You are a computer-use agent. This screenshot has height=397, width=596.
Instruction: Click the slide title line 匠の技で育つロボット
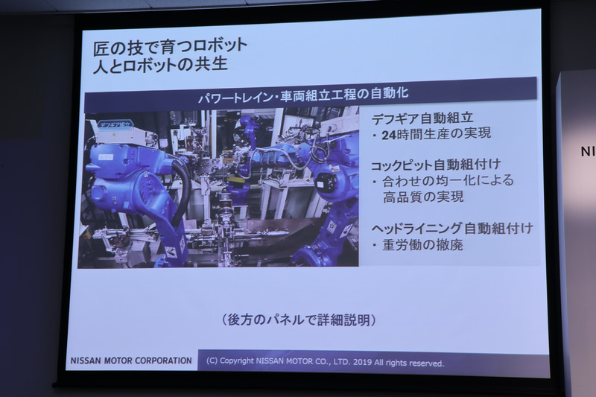(x=165, y=45)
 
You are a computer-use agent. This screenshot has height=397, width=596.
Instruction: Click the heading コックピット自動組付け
(x=435, y=163)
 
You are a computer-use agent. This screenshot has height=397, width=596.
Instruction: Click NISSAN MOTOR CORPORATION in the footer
(x=131, y=361)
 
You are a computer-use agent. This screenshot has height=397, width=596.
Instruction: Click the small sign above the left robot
(x=112, y=124)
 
